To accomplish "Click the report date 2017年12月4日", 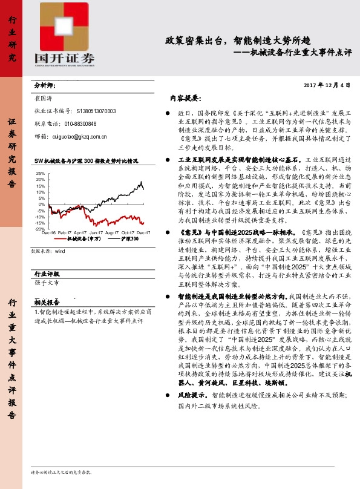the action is click(x=326, y=85).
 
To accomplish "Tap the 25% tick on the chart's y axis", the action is click(x=40, y=173).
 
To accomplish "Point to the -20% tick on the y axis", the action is click(x=39, y=229).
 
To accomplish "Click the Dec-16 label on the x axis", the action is click(x=49, y=233).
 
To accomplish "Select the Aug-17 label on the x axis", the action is click(x=112, y=233).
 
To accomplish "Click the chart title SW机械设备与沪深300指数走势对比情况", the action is click(x=87, y=161).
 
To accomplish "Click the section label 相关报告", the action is click(x=47, y=301).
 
